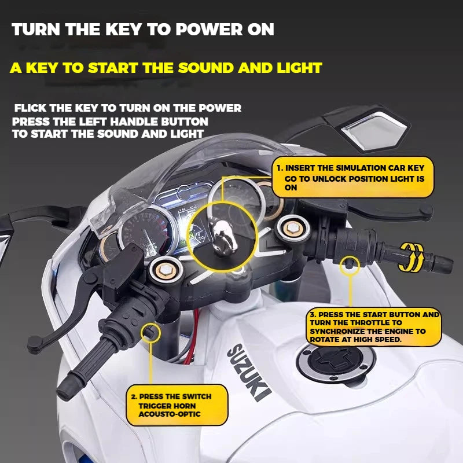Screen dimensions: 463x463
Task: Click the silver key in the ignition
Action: (x=221, y=237)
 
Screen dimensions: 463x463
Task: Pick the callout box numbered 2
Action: (x=177, y=405)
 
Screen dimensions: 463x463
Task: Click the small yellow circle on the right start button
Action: (x=351, y=264)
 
